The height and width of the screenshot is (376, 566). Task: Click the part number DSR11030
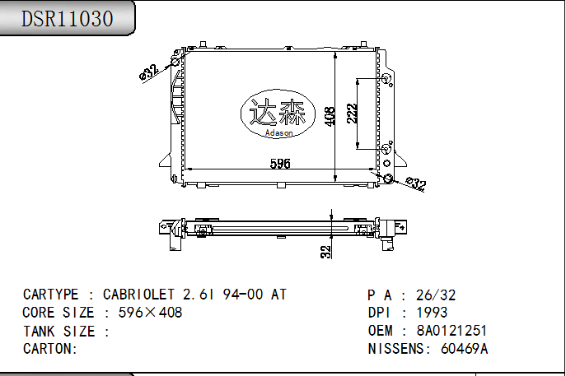click(x=68, y=19)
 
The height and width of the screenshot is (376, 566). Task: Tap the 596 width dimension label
click(x=281, y=164)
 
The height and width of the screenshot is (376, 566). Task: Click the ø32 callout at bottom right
click(x=415, y=184)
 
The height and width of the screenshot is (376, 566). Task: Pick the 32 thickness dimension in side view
click(x=326, y=250)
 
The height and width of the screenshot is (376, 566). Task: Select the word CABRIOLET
click(x=138, y=295)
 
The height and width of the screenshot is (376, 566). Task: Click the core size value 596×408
click(x=150, y=313)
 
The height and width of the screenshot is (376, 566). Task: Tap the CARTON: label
click(x=50, y=349)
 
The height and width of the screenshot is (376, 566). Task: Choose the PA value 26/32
click(x=436, y=295)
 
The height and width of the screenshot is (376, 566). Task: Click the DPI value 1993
click(x=432, y=313)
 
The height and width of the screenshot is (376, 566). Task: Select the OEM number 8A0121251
click(x=451, y=331)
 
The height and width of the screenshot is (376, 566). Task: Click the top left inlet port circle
click(x=175, y=63)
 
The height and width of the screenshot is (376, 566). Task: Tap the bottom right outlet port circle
click(x=388, y=179)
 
